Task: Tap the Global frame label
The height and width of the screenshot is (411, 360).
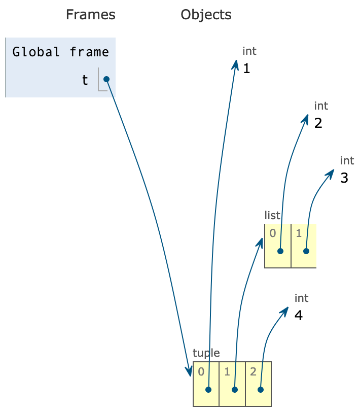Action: click(60, 52)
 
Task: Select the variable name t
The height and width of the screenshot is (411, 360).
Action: click(85, 80)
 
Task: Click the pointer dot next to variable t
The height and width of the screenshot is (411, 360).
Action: click(106, 79)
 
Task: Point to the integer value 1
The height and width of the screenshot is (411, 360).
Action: click(246, 68)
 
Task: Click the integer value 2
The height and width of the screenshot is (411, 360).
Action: click(318, 123)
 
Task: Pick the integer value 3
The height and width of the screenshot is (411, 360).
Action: click(344, 178)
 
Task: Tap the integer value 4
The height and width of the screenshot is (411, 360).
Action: click(299, 315)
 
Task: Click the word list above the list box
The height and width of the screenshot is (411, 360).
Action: click(272, 216)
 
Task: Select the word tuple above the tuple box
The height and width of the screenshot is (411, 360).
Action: click(206, 353)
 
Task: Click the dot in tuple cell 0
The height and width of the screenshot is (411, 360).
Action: click(208, 390)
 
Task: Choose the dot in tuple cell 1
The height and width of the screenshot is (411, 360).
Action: click(234, 390)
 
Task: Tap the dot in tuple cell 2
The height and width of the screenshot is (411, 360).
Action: click(260, 390)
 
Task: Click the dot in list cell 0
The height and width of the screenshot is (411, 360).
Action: click(280, 251)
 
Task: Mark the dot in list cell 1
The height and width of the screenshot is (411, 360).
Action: click(306, 251)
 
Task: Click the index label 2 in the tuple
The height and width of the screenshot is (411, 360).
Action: click(253, 371)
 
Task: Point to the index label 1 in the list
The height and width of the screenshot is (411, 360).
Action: click(299, 233)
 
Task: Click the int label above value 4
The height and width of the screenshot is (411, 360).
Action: click(301, 298)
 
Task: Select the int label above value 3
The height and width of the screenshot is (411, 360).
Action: click(347, 161)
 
